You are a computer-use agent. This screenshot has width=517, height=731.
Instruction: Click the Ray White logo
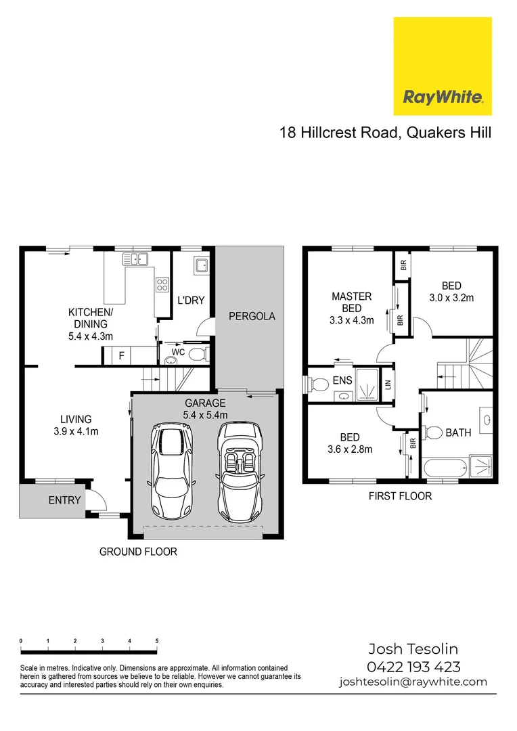point(443,66)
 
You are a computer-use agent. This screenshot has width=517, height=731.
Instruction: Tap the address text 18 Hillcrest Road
point(338,132)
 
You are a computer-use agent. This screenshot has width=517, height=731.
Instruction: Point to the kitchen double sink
point(135,259)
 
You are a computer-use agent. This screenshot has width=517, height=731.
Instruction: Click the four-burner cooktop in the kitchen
point(162,285)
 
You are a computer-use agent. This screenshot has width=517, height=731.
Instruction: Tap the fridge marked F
point(122,355)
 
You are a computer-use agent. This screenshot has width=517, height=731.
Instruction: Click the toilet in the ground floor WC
point(198,354)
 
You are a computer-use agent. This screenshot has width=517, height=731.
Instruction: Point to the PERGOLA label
point(251,316)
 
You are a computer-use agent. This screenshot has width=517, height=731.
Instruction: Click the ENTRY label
point(65,501)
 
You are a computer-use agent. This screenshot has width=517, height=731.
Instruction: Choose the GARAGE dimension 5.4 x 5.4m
point(205,415)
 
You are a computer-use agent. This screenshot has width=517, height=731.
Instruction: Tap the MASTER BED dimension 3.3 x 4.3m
point(351,321)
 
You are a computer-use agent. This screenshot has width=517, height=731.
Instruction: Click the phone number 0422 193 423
point(413,667)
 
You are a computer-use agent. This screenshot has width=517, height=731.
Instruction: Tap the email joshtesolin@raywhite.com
point(413,682)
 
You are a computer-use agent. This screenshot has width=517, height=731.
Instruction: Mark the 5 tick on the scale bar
point(157,640)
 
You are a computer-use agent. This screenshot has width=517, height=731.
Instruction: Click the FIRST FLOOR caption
point(399,496)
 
